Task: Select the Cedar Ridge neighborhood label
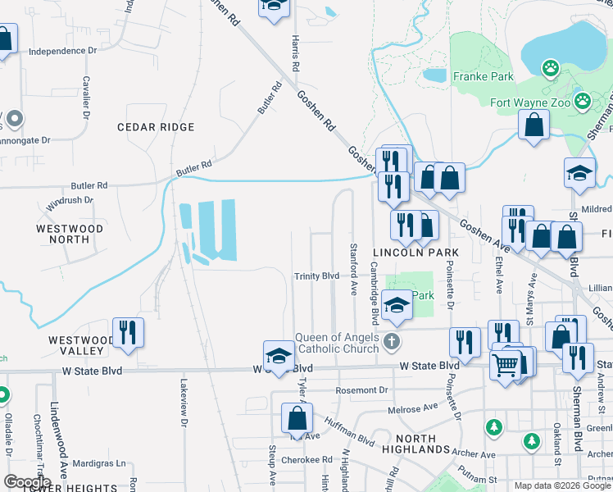pos(156,127)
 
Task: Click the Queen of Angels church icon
pos(392,340)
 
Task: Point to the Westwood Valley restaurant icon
pos(128,332)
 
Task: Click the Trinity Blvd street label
pos(316,276)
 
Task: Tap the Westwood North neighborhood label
pos(70,234)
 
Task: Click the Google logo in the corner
pos(27,482)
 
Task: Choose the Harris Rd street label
pos(295,53)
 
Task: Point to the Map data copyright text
pos(561,485)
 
